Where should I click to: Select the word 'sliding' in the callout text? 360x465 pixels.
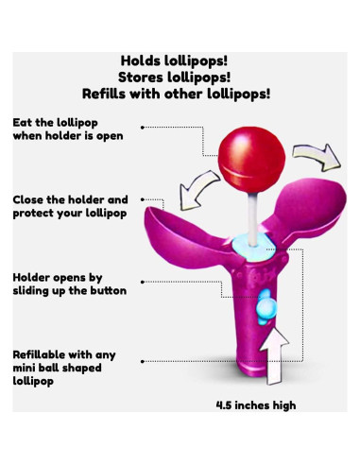point(34,292)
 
